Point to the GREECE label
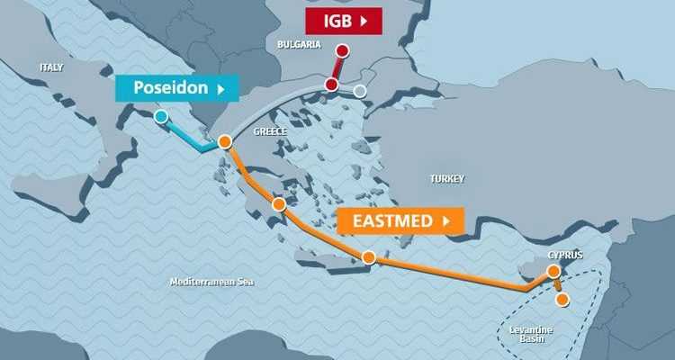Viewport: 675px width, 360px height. (x=270, y=131)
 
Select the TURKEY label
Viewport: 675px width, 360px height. (x=447, y=179)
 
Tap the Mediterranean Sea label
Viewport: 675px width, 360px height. (x=212, y=282)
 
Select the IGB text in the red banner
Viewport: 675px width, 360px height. (x=326, y=19)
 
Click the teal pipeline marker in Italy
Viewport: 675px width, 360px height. (x=160, y=116)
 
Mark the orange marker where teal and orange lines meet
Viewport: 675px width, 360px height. (x=225, y=141)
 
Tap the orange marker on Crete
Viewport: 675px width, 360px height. (x=367, y=257)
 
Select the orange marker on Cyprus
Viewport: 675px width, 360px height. (x=553, y=271)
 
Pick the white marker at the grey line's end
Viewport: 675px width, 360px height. (x=360, y=91)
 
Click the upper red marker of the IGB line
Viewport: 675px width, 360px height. (x=343, y=50)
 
